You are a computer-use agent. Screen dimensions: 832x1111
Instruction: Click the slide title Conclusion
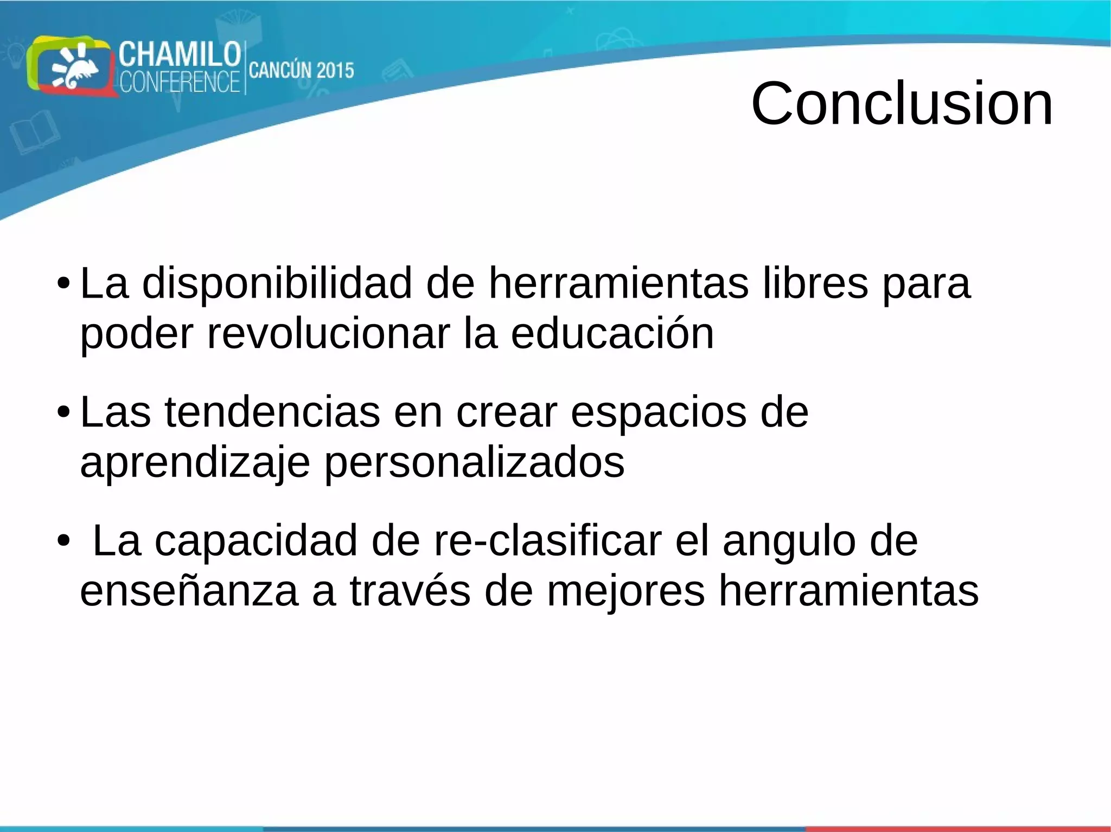(x=902, y=103)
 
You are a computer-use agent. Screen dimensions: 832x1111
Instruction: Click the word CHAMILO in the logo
(x=180, y=55)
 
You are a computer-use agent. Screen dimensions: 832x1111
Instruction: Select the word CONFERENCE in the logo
(x=180, y=82)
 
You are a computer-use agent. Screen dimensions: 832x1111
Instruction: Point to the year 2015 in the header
(x=335, y=70)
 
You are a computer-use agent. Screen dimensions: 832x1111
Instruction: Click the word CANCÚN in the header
(x=280, y=70)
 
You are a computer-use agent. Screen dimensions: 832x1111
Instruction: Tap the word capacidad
(x=256, y=540)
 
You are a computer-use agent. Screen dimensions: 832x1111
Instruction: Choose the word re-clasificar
(x=547, y=540)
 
